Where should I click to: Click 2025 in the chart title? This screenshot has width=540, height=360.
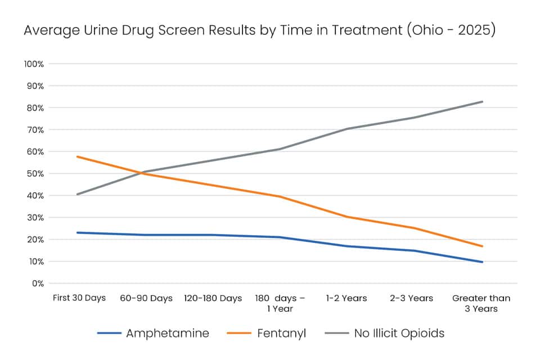pyautogui.click(x=474, y=30)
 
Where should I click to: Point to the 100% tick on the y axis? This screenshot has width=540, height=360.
pyautogui.click(x=34, y=64)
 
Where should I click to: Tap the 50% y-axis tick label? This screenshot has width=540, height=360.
pyautogui.click(x=35, y=174)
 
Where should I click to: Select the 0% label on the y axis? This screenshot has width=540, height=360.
pyautogui.click(x=38, y=283)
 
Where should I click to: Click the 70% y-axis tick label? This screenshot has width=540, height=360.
pyautogui.click(x=35, y=130)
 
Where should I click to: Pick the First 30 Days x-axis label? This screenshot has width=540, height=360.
pyautogui.click(x=79, y=298)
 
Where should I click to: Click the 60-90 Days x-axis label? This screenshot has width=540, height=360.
pyautogui.click(x=146, y=298)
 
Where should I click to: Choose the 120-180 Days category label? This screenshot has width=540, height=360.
pyautogui.click(x=213, y=298)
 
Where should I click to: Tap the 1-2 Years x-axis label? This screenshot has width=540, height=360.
pyautogui.click(x=346, y=298)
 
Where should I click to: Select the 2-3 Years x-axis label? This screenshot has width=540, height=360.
pyautogui.click(x=411, y=298)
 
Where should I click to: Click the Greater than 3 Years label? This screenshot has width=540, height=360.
pyautogui.click(x=481, y=303)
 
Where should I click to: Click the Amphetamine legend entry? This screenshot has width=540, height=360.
pyautogui.click(x=153, y=333)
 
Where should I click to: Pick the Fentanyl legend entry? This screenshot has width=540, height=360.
pyautogui.click(x=266, y=333)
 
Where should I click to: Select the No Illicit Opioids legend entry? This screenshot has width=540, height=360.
pyautogui.click(x=385, y=333)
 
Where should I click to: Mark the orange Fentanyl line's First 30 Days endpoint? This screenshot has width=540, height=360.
pyautogui.click(x=78, y=157)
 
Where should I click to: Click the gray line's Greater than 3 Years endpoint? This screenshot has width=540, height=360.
pyautogui.click(x=482, y=102)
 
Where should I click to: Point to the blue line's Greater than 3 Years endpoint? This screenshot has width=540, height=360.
pyautogui.click(x=482, y=262)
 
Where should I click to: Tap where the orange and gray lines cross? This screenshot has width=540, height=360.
pyautogui.click(x=140, y=172)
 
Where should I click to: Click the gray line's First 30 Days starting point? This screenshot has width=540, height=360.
pyautogui.click(x=78, y=194)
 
